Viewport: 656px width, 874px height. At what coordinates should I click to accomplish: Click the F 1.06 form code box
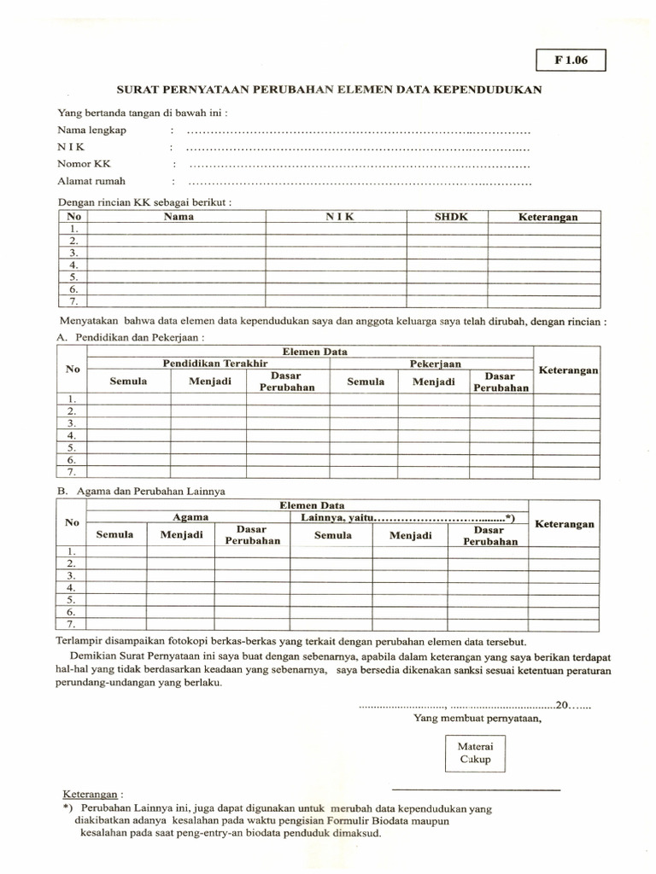[x=570, y=61]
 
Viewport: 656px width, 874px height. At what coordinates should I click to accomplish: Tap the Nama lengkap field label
[x=91, y=131]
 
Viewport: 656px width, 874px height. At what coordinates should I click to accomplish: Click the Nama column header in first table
[x=179, y=217]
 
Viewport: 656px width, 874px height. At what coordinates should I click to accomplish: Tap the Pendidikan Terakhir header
[x=209, y=364]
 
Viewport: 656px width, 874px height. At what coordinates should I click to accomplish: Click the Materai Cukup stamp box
[x=476, y=752]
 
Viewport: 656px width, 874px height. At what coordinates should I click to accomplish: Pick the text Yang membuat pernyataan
[x=477, y=718]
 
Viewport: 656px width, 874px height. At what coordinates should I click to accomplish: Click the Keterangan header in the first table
[x=548, y=217]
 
